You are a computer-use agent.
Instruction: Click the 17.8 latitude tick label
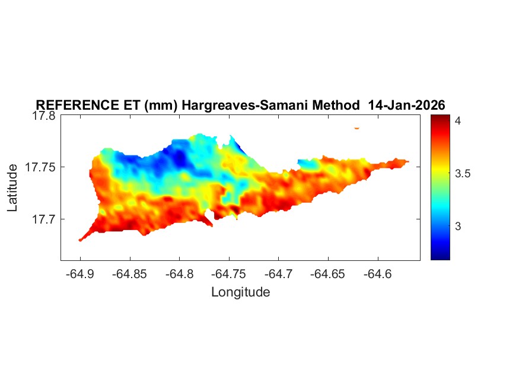tap(44, 116)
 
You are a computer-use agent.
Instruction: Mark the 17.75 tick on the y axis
tap(41, 168)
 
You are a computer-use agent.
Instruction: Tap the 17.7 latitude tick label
tap(44, 219)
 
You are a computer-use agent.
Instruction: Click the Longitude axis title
tap(240, 292)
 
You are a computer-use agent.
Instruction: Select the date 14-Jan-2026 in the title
tap(406, 105)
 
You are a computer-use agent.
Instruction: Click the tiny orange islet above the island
tap(357, 127)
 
